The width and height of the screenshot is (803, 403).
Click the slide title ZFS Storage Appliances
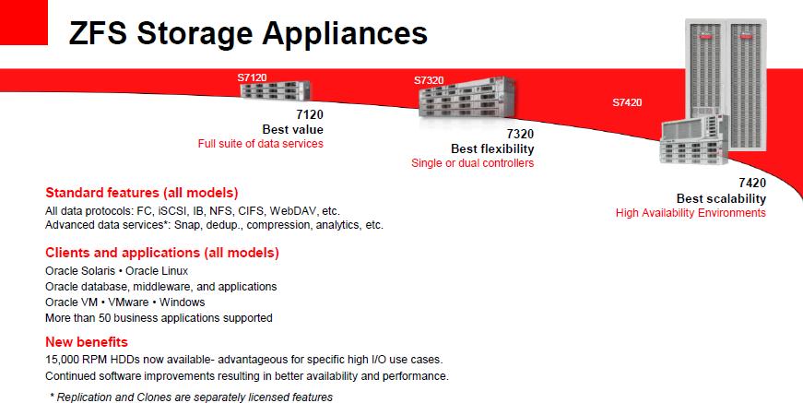tap(248, 34)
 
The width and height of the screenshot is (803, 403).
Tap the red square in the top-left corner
tap(24, 22)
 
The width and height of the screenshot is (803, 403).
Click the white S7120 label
tap(252, 77)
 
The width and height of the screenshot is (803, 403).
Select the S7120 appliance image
tap(276, 90)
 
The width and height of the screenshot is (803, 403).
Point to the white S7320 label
tap(429, 80)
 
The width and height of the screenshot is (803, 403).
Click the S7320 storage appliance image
tap(466, 98)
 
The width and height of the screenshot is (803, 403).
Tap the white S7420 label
tap(627, 102)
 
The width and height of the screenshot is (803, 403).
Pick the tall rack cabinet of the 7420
tap(726, 85)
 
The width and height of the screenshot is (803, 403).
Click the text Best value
tap(292, 129)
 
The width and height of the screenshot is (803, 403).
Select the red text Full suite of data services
tap(261, 144)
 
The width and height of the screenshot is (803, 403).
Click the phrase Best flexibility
tap(492, 148)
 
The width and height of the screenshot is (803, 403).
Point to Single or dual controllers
tap(473, 163)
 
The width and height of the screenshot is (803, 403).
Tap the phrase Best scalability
tap(721, 198)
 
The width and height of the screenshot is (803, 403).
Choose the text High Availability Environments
tap(691, 213)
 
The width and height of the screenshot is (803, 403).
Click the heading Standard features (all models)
tap(142, 193)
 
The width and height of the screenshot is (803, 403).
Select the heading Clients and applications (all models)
tap(162, 253)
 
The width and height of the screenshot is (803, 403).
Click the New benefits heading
tap(87, 342)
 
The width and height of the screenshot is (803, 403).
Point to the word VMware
tap(128, 302)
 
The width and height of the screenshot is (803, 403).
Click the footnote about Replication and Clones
tap(192, 397)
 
